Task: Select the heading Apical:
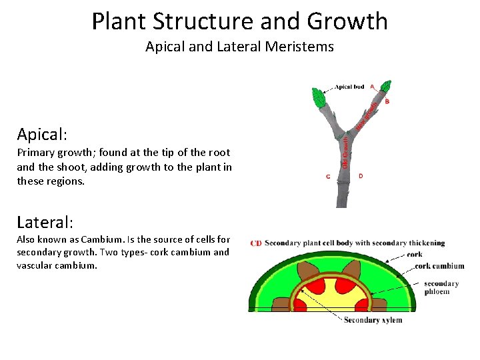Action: click(42, 134)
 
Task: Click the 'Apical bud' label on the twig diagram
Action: click(349, 87)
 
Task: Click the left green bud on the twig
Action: click(319, 98)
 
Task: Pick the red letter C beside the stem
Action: click(328, 177)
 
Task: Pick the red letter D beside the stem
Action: click(361, 176)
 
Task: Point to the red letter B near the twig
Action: click(387, 101)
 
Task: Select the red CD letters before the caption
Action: click(256, 243)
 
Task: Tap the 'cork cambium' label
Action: click(436, 266)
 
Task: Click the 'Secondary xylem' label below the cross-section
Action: click(373, 320)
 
